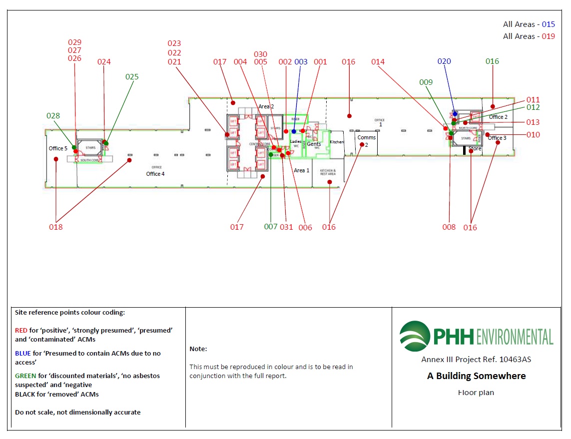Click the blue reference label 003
coord(301,62)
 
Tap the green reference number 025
coord(132,77)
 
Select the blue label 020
coord(444,61)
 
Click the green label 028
coord(53,116)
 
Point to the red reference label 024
coord(104,62)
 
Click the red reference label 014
coord(378,62)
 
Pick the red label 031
coord(286,227)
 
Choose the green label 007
coord(271,227)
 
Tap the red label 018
coord(56,227)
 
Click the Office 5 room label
coord(58,148)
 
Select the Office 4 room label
coord(155,174)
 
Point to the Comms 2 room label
coord(366,141)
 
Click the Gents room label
coord(314,144)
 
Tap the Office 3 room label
coord(497,138)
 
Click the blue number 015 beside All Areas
coord(549,24)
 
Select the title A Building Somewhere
coord(476,376)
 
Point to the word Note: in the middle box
coord(198,349)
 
